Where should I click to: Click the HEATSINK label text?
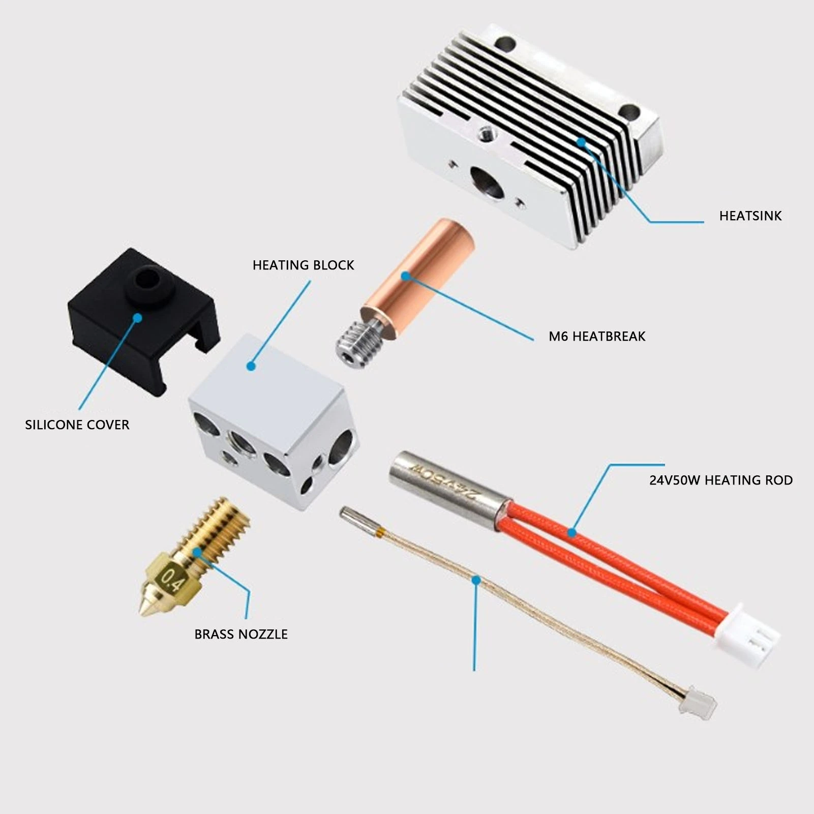click(x=750, y=216)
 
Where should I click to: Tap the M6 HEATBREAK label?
click(x=597, y=336)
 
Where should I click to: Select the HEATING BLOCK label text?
click(x=303, y=265)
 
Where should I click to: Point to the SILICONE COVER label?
click(x=77, y=425)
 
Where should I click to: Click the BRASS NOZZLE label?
click(x=241, y=634)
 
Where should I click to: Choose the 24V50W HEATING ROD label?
click(x=721, y=480)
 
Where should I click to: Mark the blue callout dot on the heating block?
click(x=251, y=366)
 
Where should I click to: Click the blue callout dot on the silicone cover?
click(x=137, y=318)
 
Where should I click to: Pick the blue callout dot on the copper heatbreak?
click(x=406, y=276)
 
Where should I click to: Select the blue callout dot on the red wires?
click(x=572, y=533)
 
